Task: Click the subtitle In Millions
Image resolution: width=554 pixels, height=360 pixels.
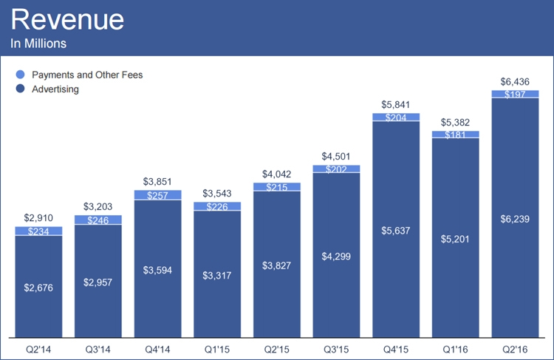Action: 38,44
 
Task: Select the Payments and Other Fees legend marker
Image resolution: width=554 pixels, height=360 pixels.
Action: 20,74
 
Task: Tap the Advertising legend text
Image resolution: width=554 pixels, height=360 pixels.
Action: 55,89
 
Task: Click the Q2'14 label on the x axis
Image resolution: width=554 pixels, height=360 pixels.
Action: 38,347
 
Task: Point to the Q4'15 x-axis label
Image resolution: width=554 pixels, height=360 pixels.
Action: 395,347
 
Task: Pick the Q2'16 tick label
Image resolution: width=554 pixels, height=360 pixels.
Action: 514,347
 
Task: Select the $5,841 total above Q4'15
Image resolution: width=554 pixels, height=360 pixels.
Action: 395,104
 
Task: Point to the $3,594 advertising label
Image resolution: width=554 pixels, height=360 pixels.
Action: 157,270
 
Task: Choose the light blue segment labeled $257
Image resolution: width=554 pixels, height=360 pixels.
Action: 157,195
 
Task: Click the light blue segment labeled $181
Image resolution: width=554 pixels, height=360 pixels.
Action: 455,135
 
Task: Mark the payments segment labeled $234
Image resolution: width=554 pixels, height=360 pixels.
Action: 38,231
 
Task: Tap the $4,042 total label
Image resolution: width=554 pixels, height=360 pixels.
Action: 276,174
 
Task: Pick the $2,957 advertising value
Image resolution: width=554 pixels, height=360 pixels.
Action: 98,282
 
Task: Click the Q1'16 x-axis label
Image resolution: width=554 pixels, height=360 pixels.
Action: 455,347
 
